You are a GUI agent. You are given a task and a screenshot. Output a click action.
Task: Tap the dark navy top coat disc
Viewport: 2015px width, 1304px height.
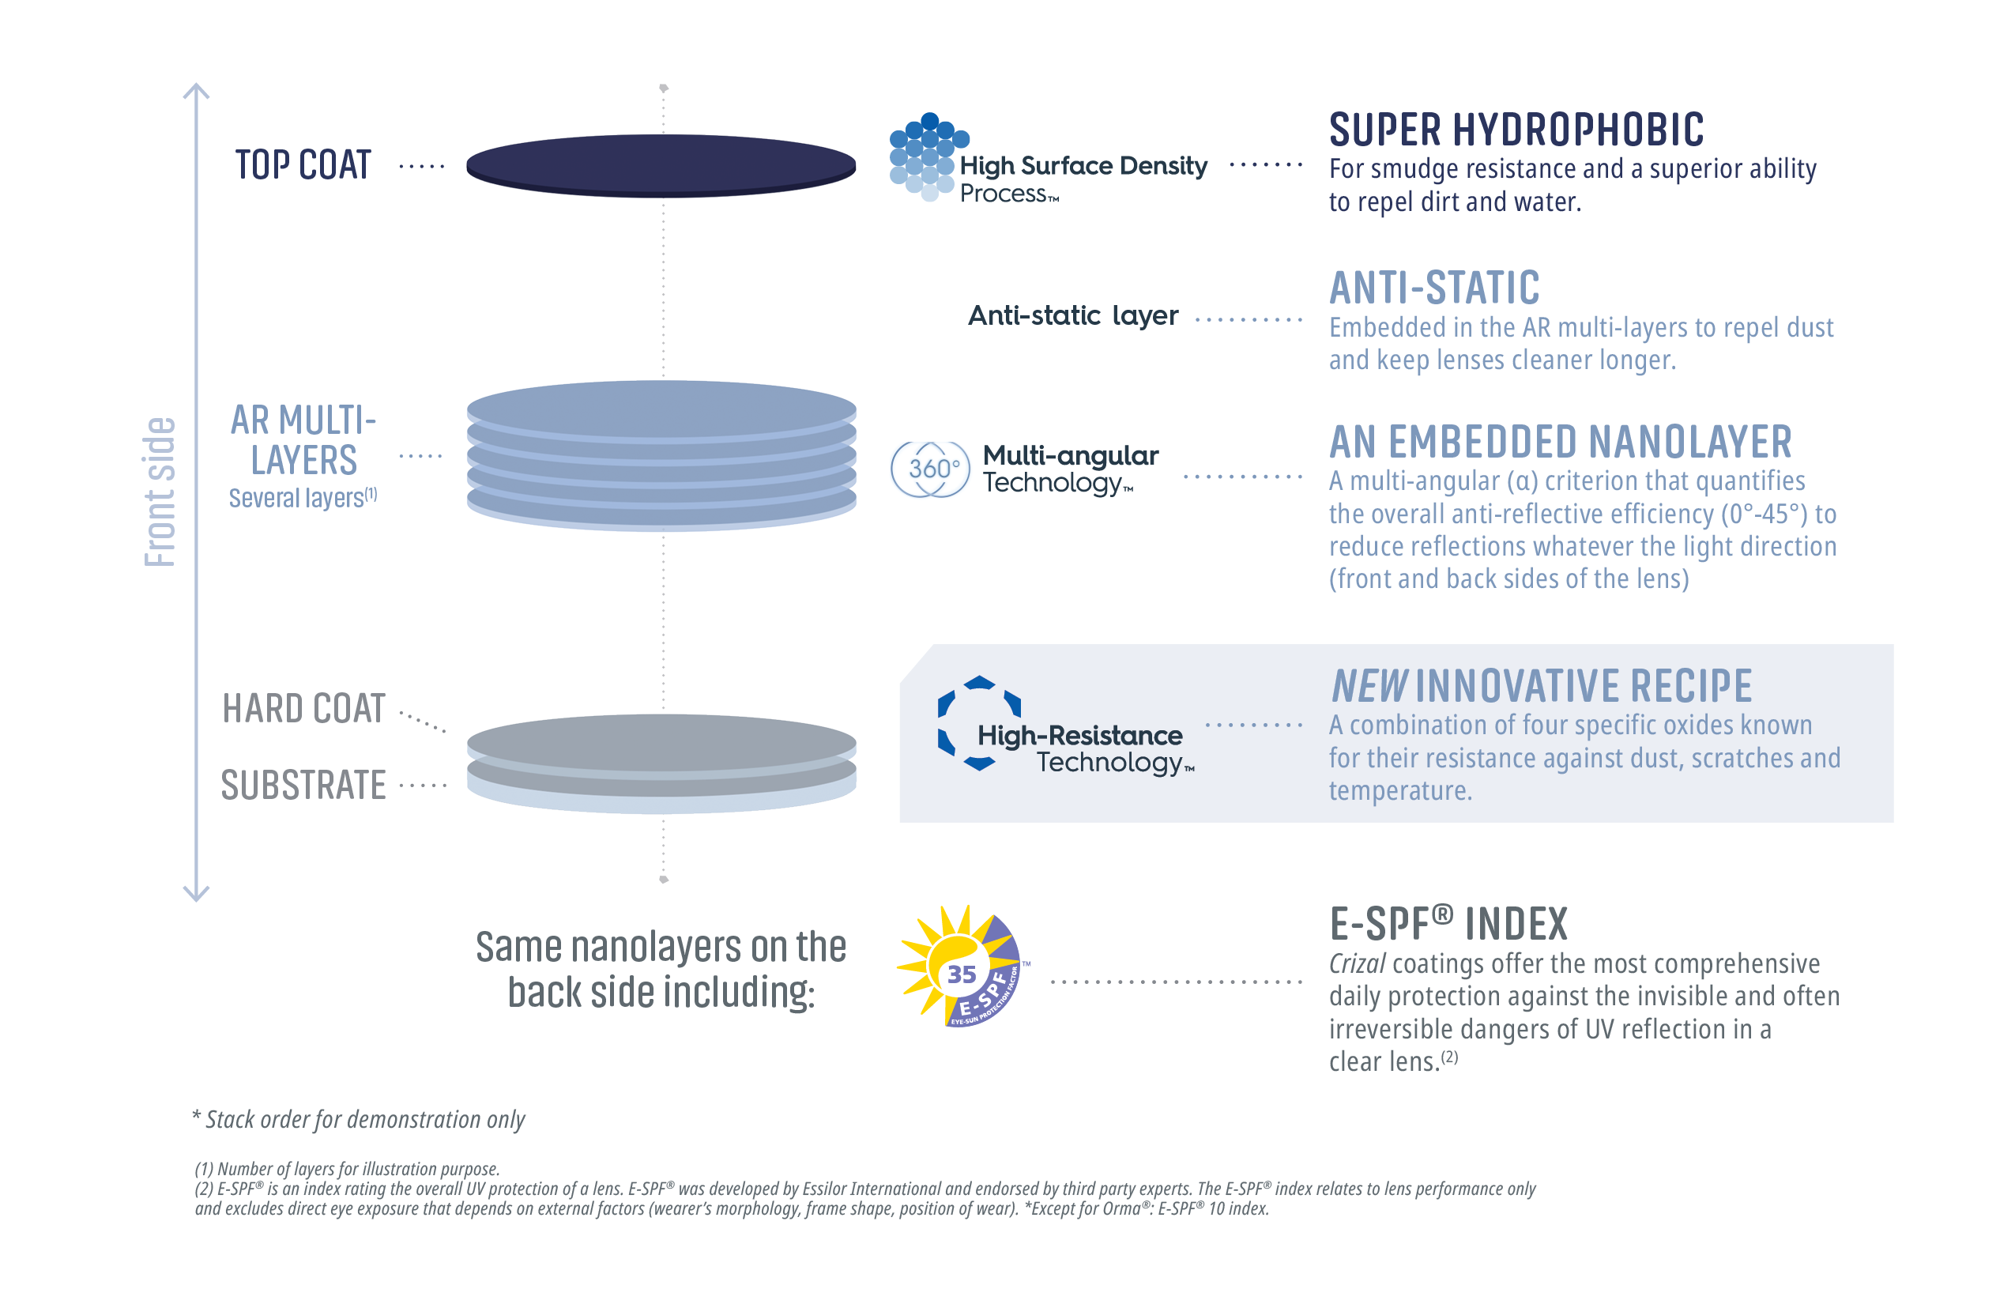click(x=661, y=164)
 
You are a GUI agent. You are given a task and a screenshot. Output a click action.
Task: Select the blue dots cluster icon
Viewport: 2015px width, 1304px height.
click(x=925, y=156)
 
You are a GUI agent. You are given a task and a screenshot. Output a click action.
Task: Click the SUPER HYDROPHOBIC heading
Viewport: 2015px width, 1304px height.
click(x=1516, y=130)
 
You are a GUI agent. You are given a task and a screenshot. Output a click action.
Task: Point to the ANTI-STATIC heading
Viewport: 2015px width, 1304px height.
click(x=1433, y=288)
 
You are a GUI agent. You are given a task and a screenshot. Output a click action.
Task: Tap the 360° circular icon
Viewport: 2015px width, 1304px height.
click(x=929, y=468)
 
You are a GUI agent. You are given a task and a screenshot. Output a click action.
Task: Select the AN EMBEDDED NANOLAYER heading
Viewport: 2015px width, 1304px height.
click(x=1560, y=442)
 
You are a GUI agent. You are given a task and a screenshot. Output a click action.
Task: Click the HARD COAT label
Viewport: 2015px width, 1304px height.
click(x=303, y=709)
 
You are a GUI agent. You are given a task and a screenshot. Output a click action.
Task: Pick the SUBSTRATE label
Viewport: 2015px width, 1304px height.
click(x=303, y=786)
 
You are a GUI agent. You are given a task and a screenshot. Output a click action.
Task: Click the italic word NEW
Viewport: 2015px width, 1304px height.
click(x=1368, y=686)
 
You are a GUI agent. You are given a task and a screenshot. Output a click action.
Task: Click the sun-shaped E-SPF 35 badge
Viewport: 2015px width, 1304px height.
click(x=961, y=968)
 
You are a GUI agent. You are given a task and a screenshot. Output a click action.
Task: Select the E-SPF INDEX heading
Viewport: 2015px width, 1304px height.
click(x=1448, y=924)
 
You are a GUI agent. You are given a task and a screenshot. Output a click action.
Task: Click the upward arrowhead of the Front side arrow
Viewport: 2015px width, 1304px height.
click(x=197, y=90)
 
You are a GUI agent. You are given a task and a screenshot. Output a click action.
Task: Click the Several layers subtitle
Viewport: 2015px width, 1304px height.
click(x=302, y=498)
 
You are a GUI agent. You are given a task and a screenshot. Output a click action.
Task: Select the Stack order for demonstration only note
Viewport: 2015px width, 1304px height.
click(x=359, y=1119)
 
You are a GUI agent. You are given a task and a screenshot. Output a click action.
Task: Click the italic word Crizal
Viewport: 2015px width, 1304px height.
click(x=1356, y=963)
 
